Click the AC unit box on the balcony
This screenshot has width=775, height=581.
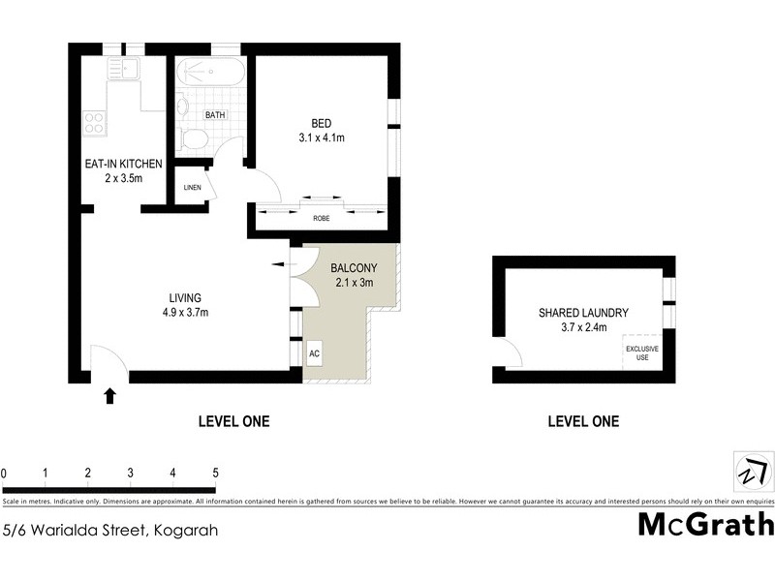tap(314, 352)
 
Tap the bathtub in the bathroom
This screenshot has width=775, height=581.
tap(208, 73)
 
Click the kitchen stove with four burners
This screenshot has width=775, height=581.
tap(95, 123)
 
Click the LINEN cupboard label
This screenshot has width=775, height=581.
tap(192, 187)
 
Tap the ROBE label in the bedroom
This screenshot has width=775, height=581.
tap(321, 219)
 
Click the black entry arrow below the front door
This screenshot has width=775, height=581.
tap(109, 394)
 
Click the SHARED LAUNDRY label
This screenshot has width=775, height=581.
tap(584, 313)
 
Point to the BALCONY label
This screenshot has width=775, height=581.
tap(354, 268)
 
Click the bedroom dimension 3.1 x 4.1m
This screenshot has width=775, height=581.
tap(322, 138)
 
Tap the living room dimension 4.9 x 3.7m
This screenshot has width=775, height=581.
tap(185, 312)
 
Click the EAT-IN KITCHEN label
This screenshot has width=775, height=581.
tap(123, 164)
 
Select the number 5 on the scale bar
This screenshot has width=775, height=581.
tap(215, 473)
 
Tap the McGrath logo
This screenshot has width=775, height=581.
tap(706, 524)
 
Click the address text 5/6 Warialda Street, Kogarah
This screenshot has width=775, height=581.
tap(109, 530)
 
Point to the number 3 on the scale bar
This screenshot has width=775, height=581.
tap(130, 473)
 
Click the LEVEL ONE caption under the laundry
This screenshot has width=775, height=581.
tap(583, 421)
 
